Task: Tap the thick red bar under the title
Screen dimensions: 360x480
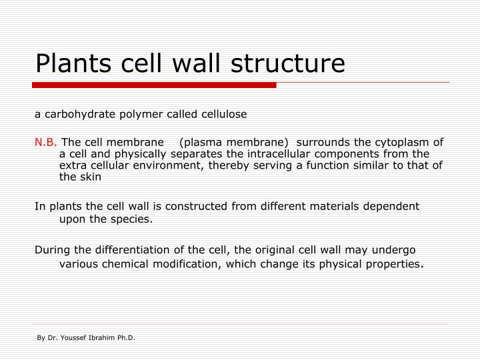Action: coord(154,85)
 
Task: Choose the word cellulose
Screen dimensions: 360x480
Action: coord(223,114)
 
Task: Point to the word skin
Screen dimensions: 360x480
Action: coord(91,177)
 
